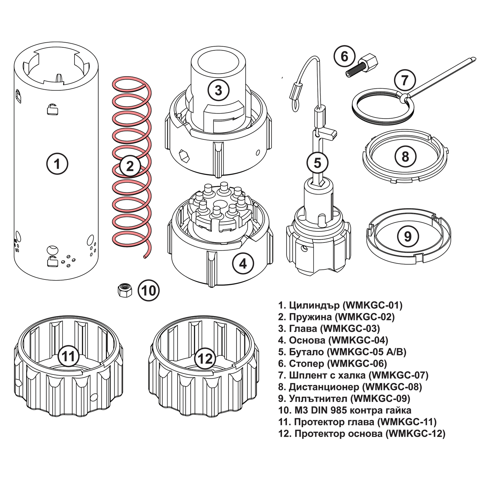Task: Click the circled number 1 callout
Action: tap(57, 164)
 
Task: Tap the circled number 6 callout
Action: tap(344, 56)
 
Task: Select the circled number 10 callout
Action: tap(149, 290)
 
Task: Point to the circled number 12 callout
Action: tap(205, 359)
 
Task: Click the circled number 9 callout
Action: tap(407, 236)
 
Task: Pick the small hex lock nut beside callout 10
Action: tap(125, 290)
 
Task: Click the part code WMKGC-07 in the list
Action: tap(400, 375)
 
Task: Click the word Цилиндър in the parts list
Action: tap(314, 305)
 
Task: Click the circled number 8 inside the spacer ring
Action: tap(405, 157)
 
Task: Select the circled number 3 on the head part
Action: tap(218, 90)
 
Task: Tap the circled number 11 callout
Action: tap(68, 356)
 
